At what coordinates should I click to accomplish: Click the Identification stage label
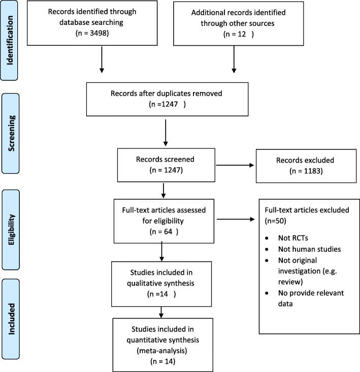coord(10,40)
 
